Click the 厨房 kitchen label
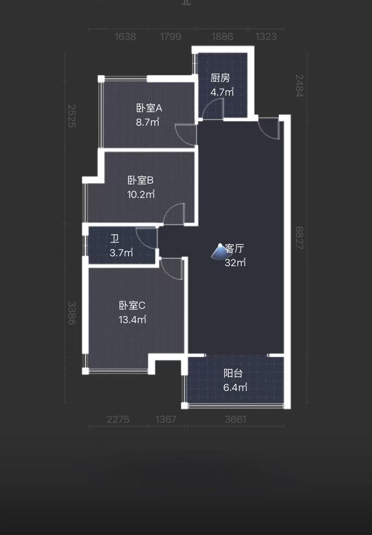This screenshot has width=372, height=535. (x=220, y=78)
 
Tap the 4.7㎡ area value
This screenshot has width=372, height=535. (x=222, y=92)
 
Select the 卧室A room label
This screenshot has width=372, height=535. (x=149, y=108)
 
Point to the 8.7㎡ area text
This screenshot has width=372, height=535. (x=148, y=122)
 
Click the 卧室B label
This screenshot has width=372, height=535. (x=141, y=180)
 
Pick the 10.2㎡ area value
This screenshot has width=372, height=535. (x=141, y=195)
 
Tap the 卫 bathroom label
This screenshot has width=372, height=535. (x=115, y=238)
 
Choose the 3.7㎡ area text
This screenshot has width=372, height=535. (x=121, y=253)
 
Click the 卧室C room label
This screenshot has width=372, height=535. (x=132, y=306)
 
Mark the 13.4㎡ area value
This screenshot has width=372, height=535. (x=133, y=320)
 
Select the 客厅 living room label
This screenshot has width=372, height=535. (x=235, y=249)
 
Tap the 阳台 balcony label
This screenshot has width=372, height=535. (x=233, y=373)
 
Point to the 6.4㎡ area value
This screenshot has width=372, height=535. (x=235, y=387)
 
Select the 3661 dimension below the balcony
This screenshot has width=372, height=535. (x=235, y=419)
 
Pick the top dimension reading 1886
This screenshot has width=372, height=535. (x=222, y=37)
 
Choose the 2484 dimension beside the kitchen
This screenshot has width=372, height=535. (x=300, y=85)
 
